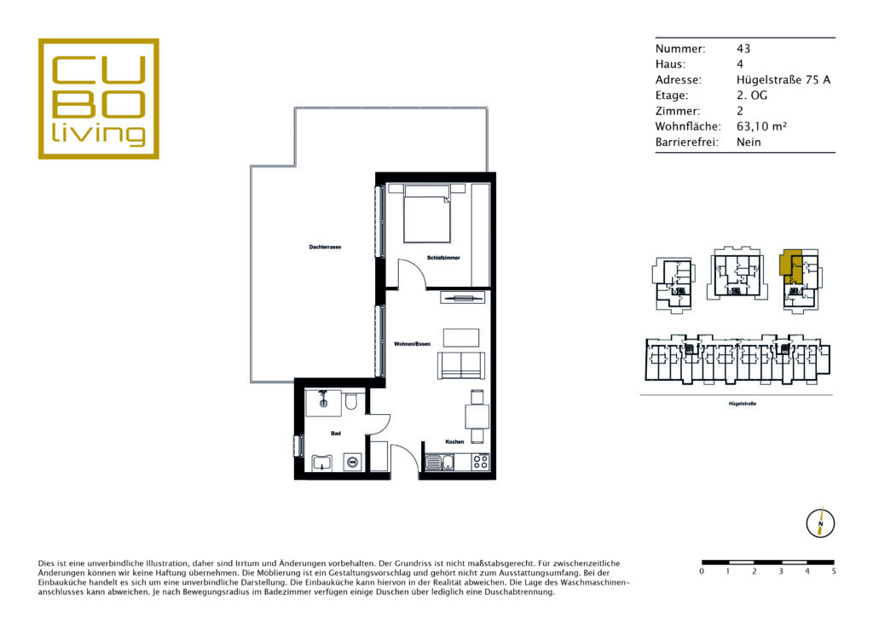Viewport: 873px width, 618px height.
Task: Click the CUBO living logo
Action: (x=99, y=99)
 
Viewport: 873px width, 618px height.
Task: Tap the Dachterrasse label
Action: (x=325, y=247)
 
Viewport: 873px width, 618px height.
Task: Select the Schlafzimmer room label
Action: (x=443, y=258)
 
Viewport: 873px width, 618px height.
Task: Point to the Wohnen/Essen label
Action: (x=412, y=344)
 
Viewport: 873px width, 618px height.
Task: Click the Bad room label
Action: (x=336, y=433)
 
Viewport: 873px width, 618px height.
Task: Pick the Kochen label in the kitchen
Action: (x=454, y=441)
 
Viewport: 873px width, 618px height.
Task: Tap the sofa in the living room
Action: (x=461, y=365)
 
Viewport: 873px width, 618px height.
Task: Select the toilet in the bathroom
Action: (x=350, y=401)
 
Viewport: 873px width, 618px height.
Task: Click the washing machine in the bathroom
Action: (x=352, y=462)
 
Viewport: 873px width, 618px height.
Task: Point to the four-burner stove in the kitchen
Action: (x=481, y=462)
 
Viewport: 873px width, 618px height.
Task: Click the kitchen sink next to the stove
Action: (x=440, y=462)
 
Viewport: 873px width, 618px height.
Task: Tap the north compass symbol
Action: (x=820, y=523)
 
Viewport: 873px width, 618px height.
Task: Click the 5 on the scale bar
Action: (x=834, y=571)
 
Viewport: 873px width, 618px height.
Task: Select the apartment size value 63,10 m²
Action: (x=761, y=126)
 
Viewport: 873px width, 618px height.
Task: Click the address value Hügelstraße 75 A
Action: (x=783, y=79)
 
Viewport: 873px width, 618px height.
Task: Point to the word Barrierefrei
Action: (x=686, y=142)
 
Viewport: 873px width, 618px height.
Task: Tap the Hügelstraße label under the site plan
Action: (x=743, y=404)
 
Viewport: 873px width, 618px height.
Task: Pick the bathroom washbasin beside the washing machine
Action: (x=321, y=463)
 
